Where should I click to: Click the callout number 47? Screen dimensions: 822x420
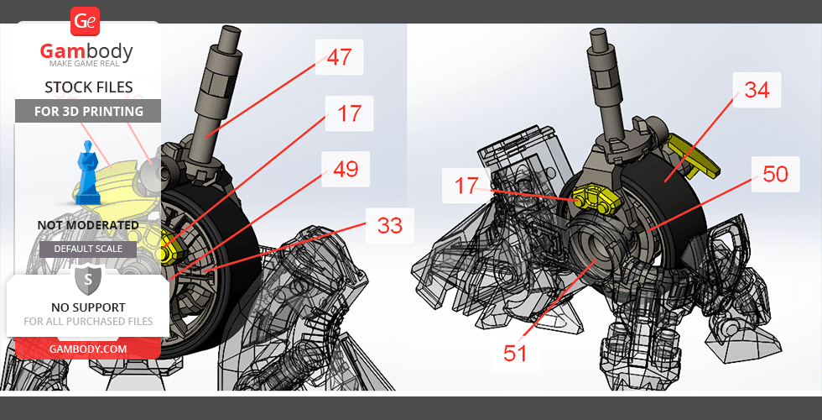coord(339,57)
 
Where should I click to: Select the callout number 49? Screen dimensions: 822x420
coord(346,170)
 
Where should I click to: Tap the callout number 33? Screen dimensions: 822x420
coord(390,226)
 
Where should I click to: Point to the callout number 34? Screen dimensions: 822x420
coord(757,90)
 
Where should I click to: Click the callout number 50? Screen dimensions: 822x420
coord(775,174)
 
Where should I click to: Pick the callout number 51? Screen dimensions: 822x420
coord(515,353)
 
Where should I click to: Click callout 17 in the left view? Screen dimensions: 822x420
coord(349,113)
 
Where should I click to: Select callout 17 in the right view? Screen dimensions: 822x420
coord(466,186)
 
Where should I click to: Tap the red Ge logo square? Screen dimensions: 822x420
coord(85,22)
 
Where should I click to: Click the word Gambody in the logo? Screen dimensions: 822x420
coord(86,51)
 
